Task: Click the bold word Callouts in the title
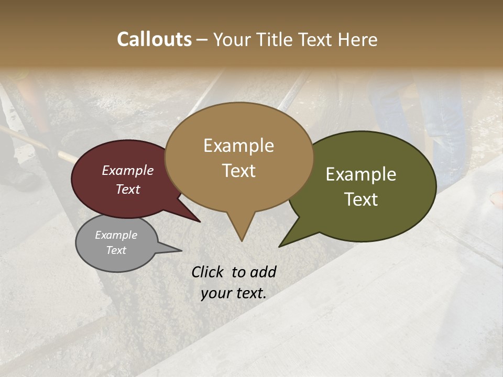pyautogui.click(x=154, y=39)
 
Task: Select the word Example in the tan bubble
pyautogui.click(x=238, y=146)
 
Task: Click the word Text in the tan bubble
pyautogui.click(x=238, y=171)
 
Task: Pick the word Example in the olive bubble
pyautogui.click(x=361, y=174)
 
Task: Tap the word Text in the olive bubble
pyautogui.click(x=361, y=199)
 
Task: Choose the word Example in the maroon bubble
pyautogui.click(x=127, y=171)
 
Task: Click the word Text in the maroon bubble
pyautogui.click(x=127, y=190)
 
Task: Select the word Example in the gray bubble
pyautogui.click(x=116, y=235)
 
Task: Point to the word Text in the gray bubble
pyautogui.click(x=116, y=250)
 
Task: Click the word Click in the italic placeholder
pyautogui.click(x=208, y=272)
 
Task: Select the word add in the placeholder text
pyautogui.click(x=263, y=272)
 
